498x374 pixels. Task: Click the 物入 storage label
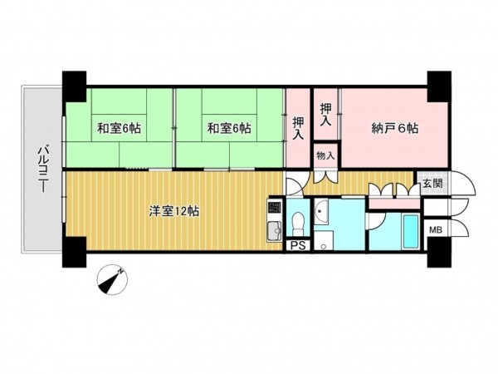tap(326, 155)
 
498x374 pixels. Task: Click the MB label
tap(434, 230)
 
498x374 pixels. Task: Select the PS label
tap(297, 245)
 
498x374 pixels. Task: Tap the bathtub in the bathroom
tap(411, 231)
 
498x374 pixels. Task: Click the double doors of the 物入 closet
tap(326, 175)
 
